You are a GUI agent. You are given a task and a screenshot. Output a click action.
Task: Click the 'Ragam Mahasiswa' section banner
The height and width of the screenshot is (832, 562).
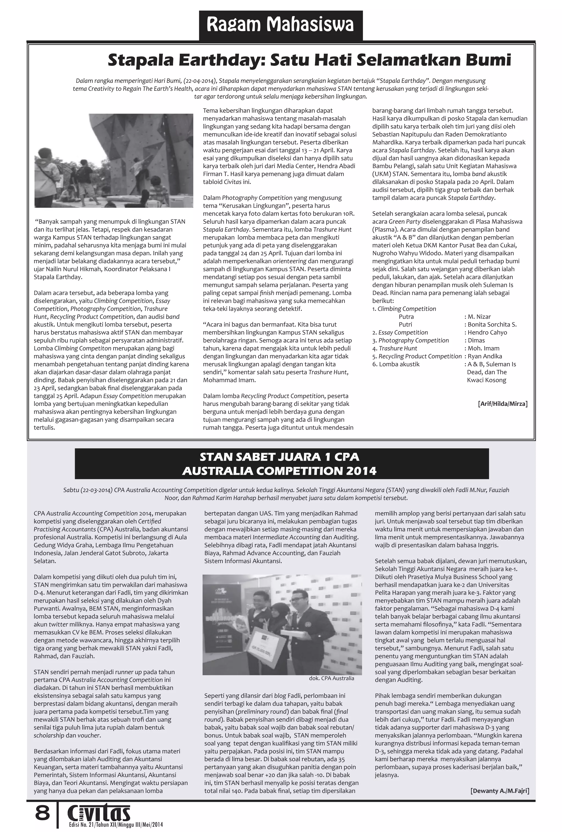pyautogui.click(x=280, y=25)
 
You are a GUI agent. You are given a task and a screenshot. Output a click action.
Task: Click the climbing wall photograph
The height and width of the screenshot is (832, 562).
pyautogui.click(x=114, y=160)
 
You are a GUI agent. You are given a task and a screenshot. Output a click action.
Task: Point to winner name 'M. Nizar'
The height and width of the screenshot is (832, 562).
pyautogui.click(x=479, y=316)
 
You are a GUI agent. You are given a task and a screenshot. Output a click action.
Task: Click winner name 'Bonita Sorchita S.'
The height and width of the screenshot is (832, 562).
pyautogui.click(x=492, y=324)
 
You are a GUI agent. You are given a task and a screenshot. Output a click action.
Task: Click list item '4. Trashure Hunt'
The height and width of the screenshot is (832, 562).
pyautogui.click(x=394, y=348)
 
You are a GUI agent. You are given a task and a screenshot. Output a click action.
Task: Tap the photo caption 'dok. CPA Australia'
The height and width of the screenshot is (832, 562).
pyautogui.click(x=331, y=678)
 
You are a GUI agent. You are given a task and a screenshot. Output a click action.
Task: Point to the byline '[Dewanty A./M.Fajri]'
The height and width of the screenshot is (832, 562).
pyautogui.click(x=500, y=791)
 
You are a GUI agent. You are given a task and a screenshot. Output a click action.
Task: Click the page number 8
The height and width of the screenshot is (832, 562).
pyautogui.click(x=42, y=813)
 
